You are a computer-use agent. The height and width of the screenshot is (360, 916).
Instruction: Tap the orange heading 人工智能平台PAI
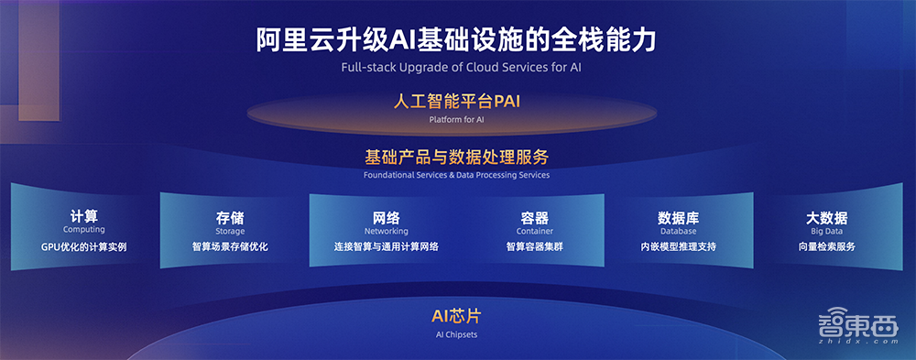point(456,102)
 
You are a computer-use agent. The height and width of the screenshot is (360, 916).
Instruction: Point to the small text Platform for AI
point(456,119)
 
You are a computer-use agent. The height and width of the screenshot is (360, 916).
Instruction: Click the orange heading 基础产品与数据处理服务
point(456,157)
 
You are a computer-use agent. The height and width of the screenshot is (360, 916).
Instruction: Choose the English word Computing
point(83,230)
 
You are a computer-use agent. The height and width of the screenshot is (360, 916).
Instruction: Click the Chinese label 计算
point(83,216)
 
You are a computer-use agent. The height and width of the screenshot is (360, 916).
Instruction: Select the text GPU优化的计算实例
point(83,246)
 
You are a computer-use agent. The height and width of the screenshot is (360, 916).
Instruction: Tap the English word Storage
point(230,232)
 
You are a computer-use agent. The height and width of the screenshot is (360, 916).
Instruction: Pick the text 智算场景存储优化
point(230,246)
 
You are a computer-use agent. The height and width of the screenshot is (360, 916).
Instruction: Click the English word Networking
point(386,232)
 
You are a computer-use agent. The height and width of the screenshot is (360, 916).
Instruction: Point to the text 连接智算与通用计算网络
point(386,246)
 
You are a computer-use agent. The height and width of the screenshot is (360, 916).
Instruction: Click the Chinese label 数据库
point(678,218)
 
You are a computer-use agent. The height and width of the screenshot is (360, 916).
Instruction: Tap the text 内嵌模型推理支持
point(678,246)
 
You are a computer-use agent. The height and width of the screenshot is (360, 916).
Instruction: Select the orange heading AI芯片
point(456,316)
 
